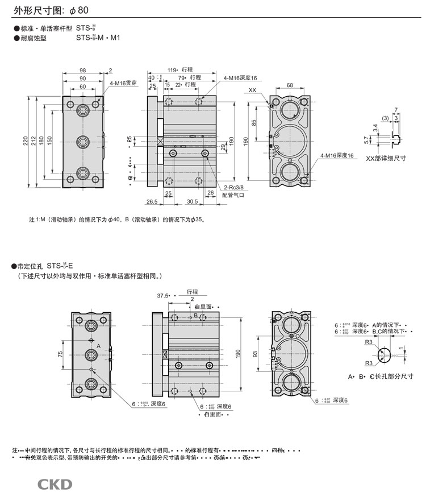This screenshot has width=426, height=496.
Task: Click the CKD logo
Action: point(55,483)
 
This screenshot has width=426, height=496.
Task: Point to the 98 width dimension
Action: point(83,70)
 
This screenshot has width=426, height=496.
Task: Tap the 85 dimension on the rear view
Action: point(254,122)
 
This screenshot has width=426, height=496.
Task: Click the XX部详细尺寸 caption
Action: point(386,159)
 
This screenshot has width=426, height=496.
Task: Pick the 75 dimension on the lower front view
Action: point(61,354)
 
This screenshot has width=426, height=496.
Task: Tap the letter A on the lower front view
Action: point(98,346)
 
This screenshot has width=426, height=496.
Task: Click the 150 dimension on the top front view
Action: point(50,140)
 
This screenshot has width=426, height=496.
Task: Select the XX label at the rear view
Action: point(253,90)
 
